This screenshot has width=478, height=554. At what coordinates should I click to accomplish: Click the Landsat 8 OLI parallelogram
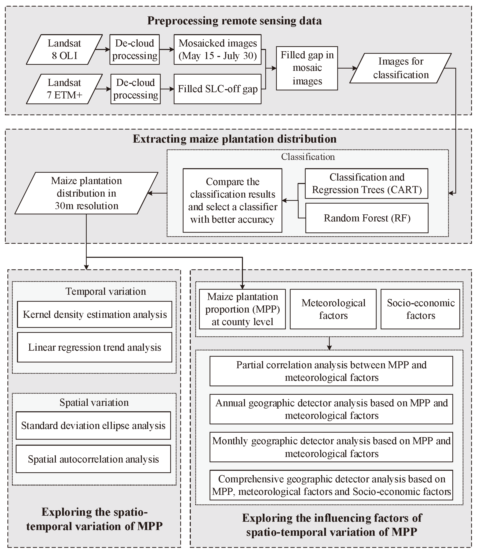coord(64,50)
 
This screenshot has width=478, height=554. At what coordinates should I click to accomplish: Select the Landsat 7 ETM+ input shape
coord(64,89)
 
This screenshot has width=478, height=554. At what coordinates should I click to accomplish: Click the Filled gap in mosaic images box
coord(307,68)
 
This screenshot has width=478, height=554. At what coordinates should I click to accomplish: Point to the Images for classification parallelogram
coord(401,68)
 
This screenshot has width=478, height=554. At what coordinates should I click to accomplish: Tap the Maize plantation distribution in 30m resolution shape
coord(86,193)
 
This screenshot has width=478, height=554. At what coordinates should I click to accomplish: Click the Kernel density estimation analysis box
coord(95,315)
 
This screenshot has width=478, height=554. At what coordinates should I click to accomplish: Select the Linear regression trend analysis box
coord(95,347)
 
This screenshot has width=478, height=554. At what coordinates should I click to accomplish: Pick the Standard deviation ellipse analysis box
coord(93,426)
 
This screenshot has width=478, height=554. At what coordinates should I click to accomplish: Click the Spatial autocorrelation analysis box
coord(93,459)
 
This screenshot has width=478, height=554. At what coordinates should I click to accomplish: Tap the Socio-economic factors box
coord(420,309)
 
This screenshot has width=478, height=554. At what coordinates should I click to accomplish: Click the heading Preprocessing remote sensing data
coord(234,21)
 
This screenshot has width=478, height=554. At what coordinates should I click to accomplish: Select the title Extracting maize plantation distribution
coord(234,139)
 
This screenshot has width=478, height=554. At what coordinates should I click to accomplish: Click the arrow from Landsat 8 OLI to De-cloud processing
coord(103,50)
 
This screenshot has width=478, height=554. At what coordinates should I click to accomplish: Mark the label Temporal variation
coord(106,291)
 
